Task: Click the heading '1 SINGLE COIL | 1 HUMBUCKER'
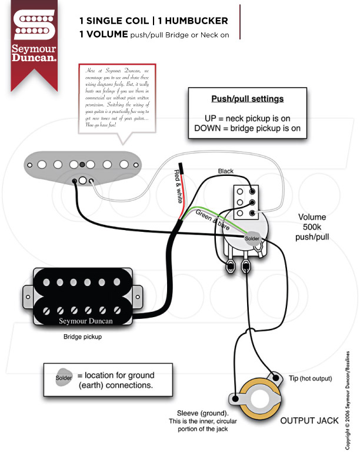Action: (153, 21)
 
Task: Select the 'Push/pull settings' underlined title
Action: (247, 98)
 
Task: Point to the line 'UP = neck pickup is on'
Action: (247, 118)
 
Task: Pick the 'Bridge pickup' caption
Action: (82, 338)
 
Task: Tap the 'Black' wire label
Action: (225, 171)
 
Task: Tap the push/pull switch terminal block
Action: (246, 201)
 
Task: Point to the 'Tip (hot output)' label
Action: (311, 378)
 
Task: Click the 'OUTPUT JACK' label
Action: (309, 421)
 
